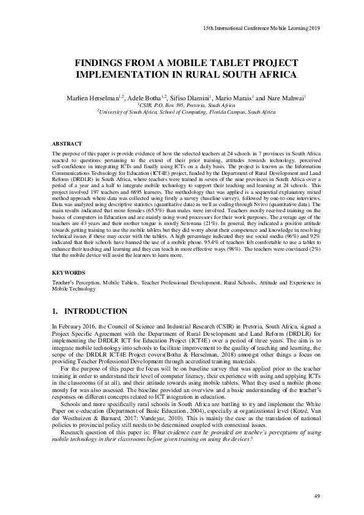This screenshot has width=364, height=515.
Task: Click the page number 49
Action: click(x=316, y=494)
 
